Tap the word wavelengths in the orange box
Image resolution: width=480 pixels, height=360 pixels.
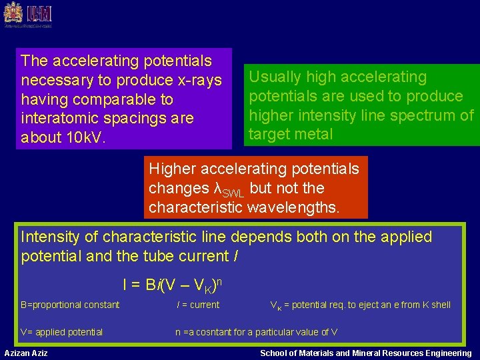289,207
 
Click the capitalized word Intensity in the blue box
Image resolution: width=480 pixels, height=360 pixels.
53,237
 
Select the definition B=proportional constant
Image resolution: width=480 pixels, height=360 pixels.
70,305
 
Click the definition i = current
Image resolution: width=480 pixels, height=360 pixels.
198,305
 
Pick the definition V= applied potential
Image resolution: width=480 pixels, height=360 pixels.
61,332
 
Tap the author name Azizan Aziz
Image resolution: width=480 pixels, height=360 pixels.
26,353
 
